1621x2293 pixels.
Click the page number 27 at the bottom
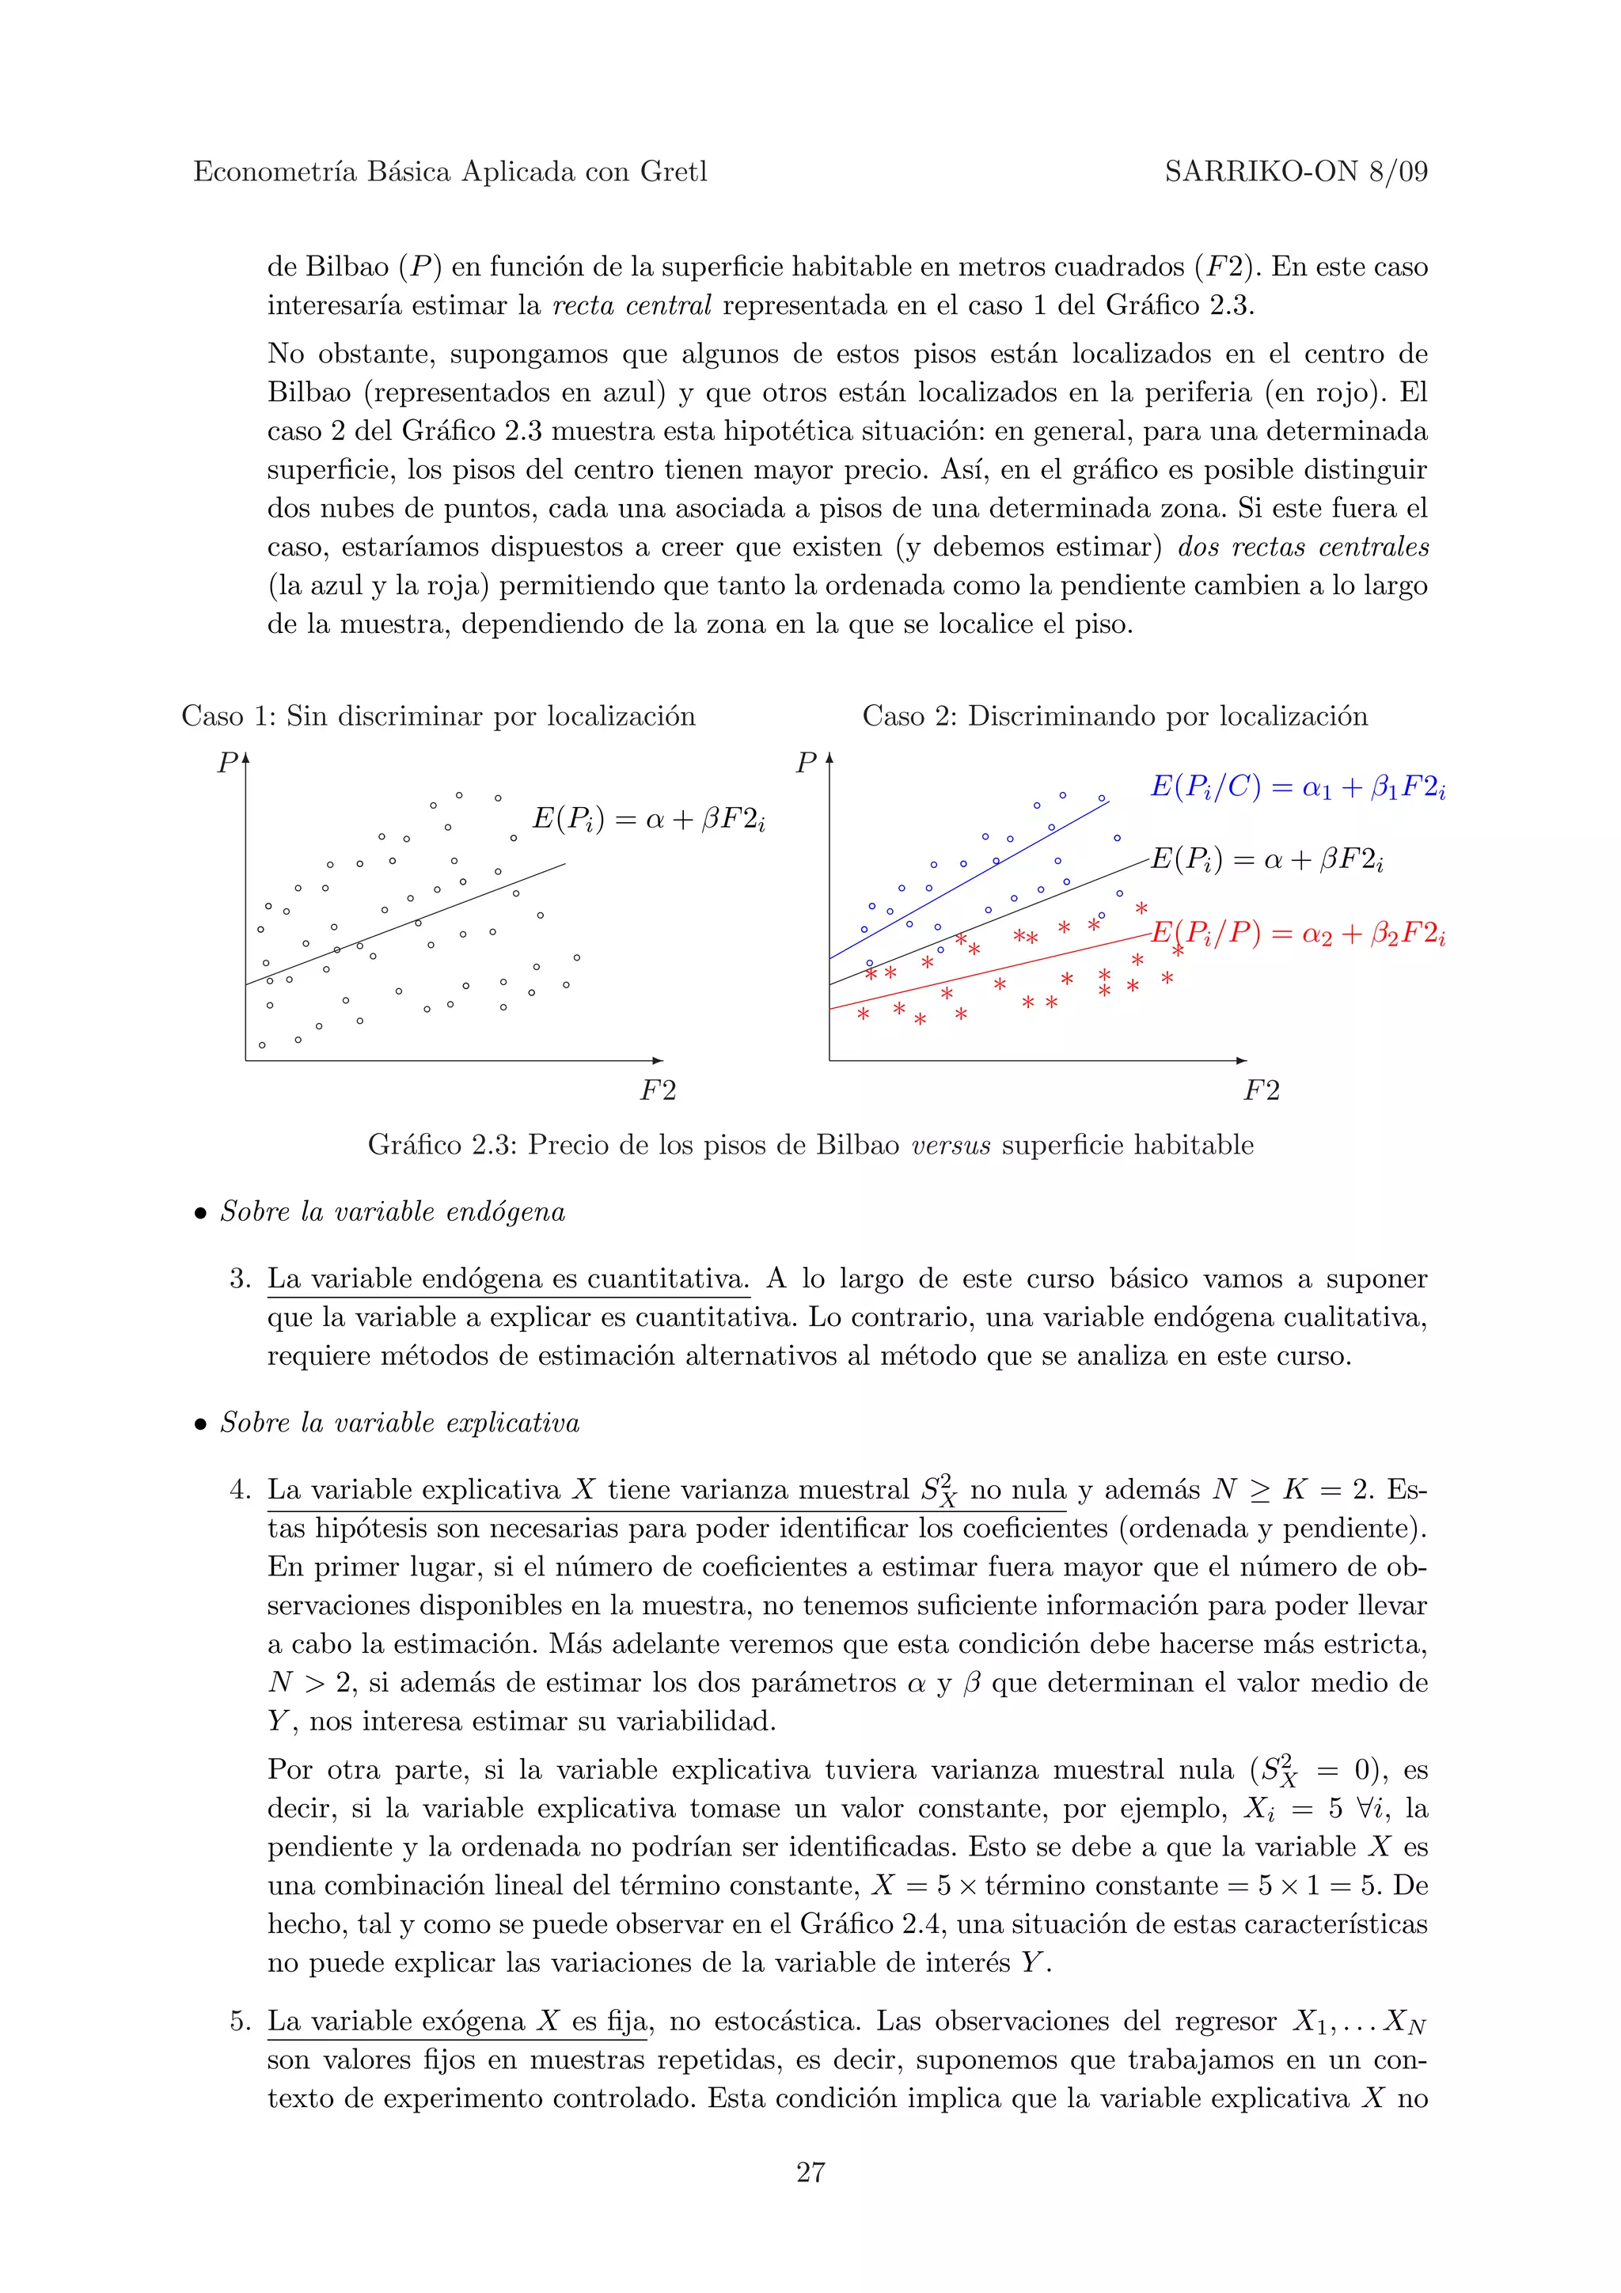810,2171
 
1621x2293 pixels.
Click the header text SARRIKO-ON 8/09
1296,172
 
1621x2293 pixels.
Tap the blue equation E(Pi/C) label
1297,787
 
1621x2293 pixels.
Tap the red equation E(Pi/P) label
1297,934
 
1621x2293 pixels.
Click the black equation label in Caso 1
648,819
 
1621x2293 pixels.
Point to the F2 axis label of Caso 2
1260,1090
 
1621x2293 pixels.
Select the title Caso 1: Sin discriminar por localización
438,716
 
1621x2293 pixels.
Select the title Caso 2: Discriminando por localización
1114,716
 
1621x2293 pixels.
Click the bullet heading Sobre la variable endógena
393,1211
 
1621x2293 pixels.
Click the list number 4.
239,1490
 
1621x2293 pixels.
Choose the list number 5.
239,2022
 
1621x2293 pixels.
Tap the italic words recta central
631,305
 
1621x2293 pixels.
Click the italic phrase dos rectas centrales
1304,548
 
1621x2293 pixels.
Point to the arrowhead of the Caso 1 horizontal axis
659,1059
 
